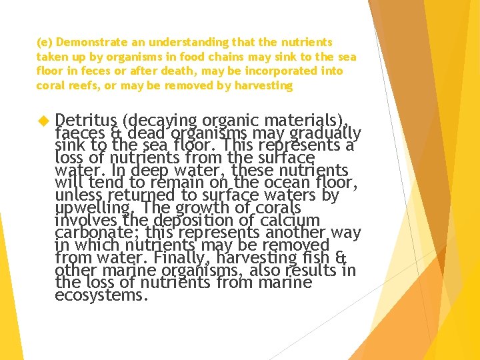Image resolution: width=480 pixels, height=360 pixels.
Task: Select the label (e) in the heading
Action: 43,42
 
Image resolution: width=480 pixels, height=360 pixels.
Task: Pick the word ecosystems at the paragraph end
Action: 101,295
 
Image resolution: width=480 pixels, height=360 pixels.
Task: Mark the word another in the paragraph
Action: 297,233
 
